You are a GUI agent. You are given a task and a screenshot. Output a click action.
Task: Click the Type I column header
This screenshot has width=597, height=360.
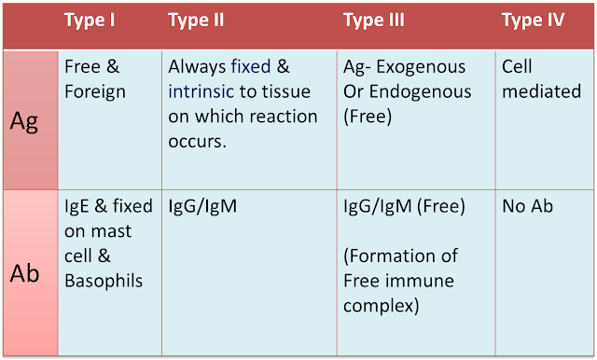point(90,21)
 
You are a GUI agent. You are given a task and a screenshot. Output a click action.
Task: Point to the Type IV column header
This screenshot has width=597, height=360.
point(533,21)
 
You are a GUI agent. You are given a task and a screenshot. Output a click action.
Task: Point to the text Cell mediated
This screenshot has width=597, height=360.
point(540,80)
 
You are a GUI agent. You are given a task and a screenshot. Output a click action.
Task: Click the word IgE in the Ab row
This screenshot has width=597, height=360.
point(77,206)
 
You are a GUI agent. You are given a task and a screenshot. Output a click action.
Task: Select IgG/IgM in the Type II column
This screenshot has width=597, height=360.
point(203,206)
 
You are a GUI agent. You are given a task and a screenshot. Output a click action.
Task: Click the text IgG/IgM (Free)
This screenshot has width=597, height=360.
point(405,206)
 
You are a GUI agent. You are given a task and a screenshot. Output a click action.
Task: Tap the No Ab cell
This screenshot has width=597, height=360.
point(527,206)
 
